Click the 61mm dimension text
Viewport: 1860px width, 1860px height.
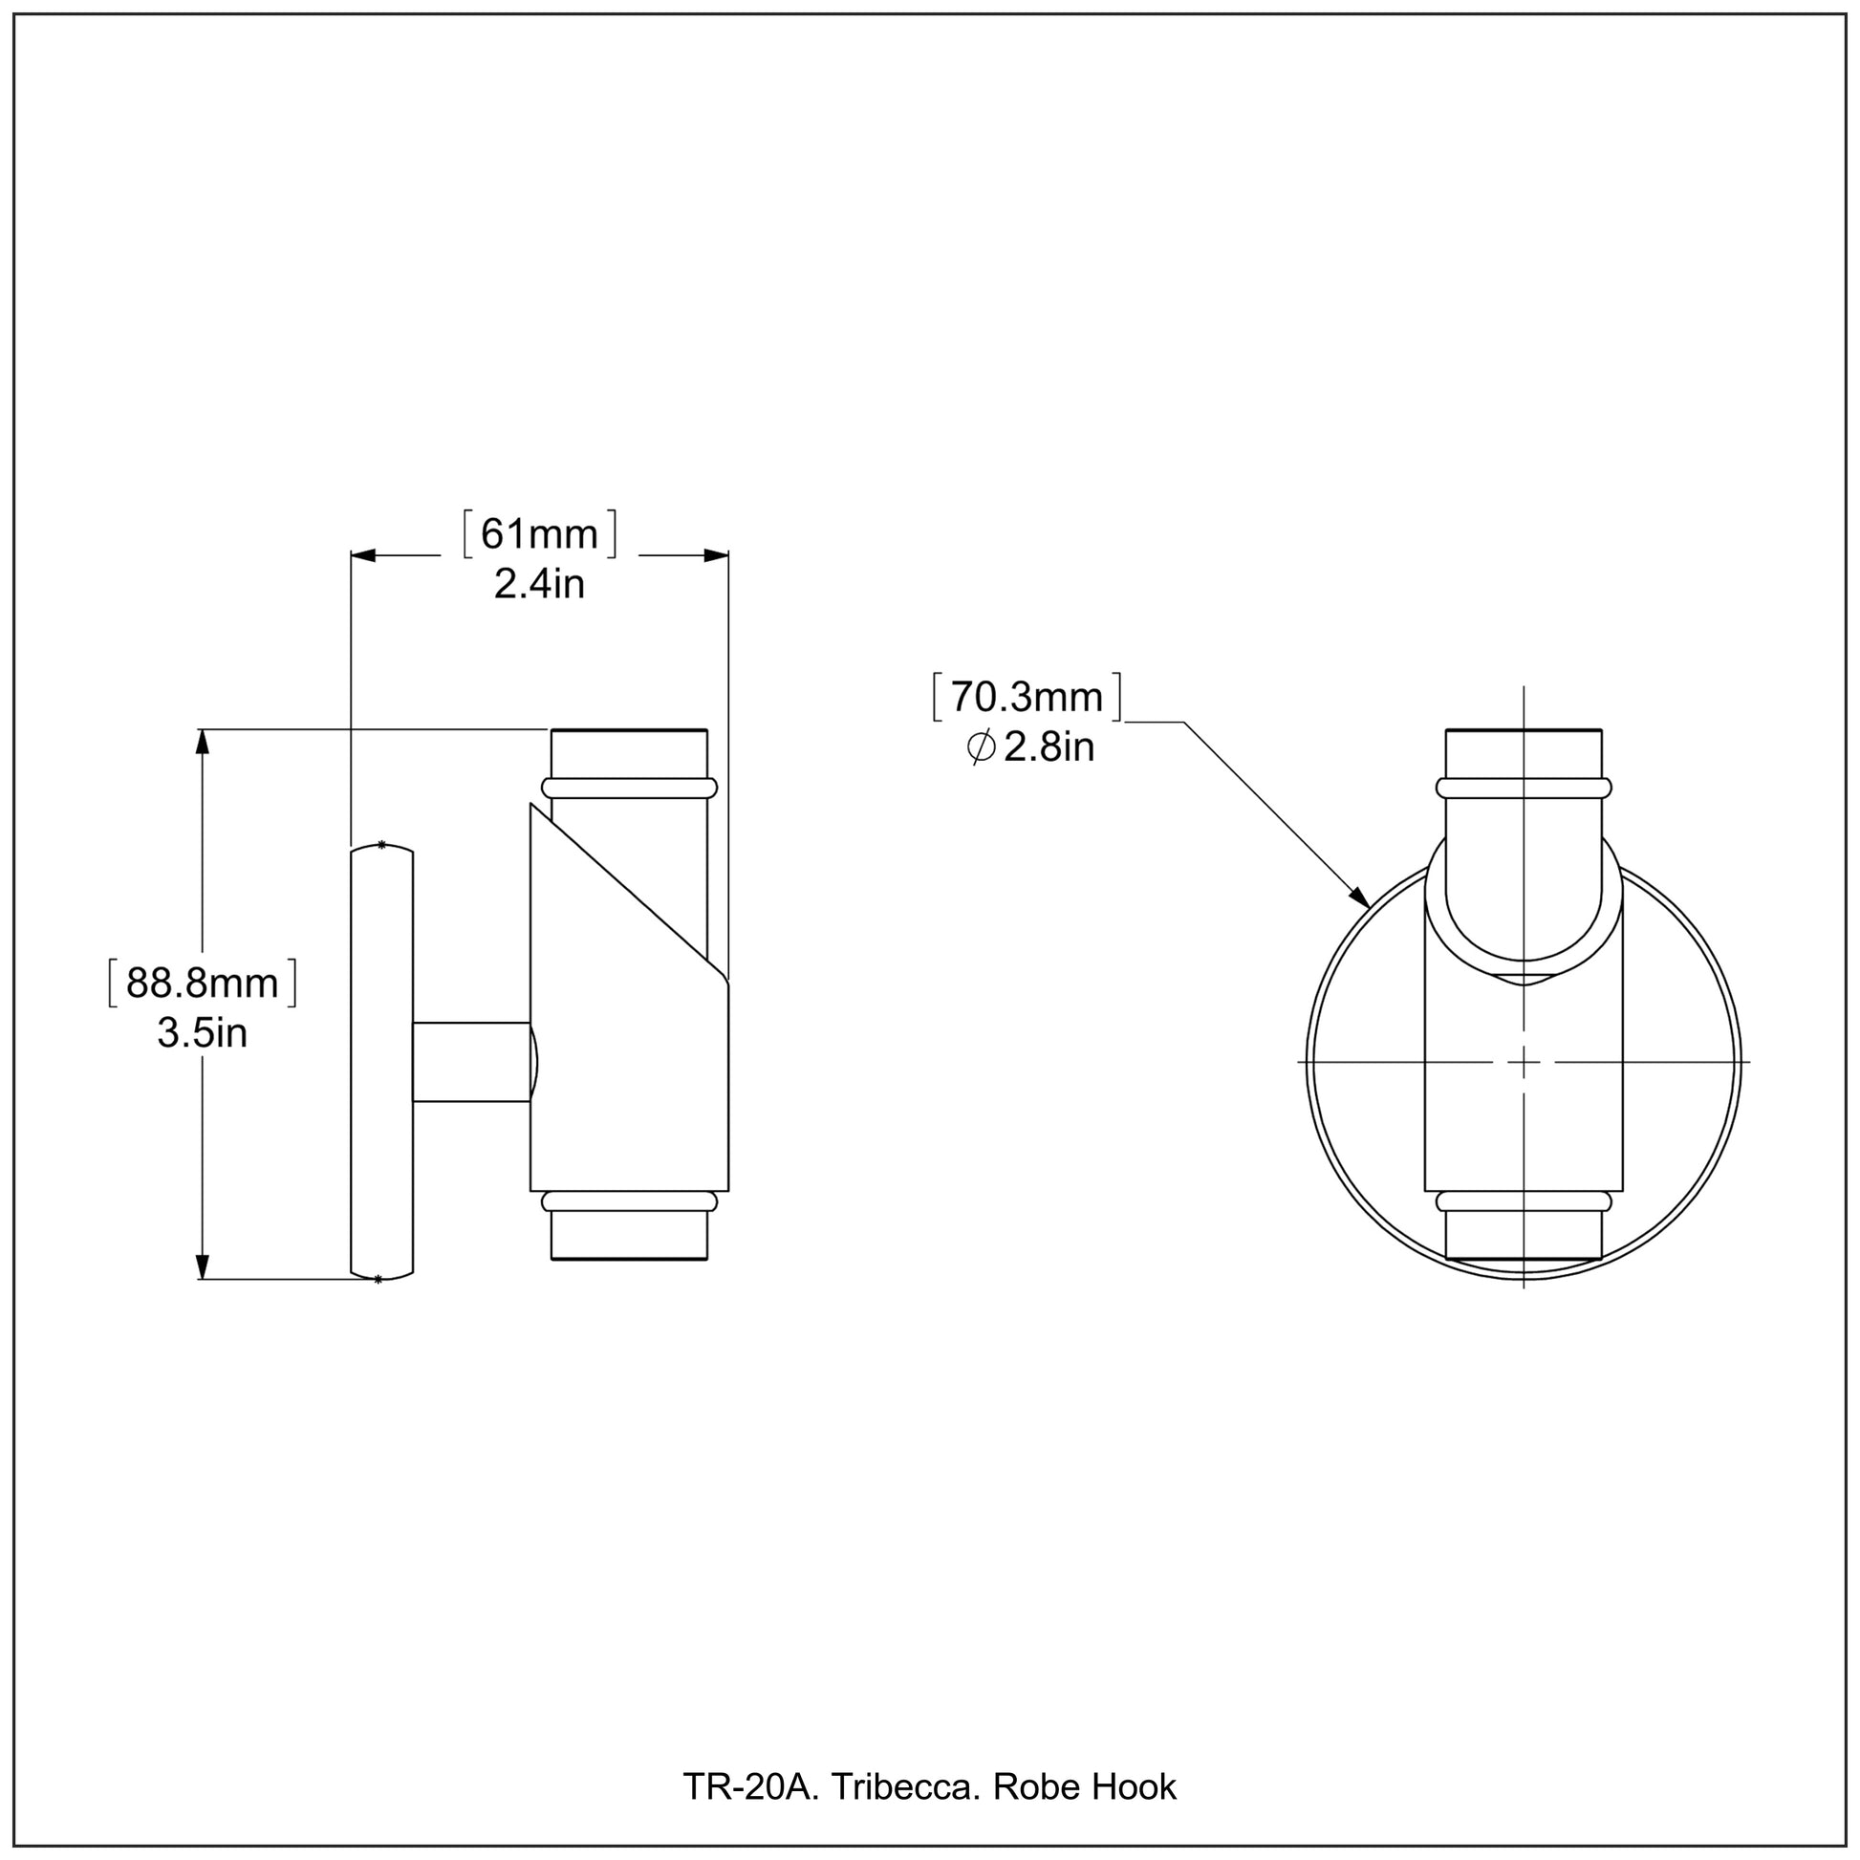(539, 534)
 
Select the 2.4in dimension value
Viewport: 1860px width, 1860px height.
(539, 584)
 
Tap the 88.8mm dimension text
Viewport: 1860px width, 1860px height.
(203, 983)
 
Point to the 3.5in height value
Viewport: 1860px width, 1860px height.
(203, 1033)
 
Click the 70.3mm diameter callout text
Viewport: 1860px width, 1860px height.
(1027, 697)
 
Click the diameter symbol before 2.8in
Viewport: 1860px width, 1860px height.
(981, 747)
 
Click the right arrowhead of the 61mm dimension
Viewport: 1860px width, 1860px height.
(716, 555)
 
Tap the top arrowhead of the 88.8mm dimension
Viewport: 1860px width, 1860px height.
(202, 743)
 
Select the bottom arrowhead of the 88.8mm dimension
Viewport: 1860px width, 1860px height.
(202, 1266)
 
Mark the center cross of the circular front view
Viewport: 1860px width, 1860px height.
(1523, 1062)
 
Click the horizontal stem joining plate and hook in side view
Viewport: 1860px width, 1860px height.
(471, 1062)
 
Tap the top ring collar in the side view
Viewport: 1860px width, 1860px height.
(630, 789)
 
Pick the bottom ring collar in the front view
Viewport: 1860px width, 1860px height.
(1523, 1201)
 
